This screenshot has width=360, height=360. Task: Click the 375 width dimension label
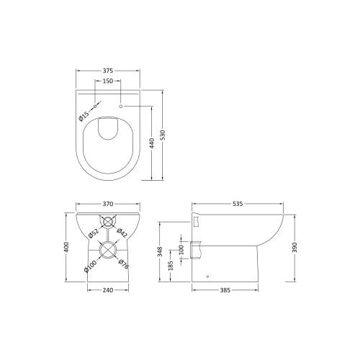click(x=108, y=71)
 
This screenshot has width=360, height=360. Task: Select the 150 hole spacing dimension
click(x=108, y=81)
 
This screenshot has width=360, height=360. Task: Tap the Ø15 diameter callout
click(x=84, y=116)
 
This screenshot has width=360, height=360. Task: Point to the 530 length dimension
click(x=163, y=135)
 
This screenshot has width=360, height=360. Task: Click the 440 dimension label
click(x=152, y=143)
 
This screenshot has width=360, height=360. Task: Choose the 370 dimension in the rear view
click(x=108, y=204)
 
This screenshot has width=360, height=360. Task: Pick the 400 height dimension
click(x=66, y=247)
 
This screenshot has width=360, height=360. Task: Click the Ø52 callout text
click(x=94, y=233)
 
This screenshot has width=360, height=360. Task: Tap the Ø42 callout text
click(x=122, y=233)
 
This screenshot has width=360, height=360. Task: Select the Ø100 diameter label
click(x=91, y=266)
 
